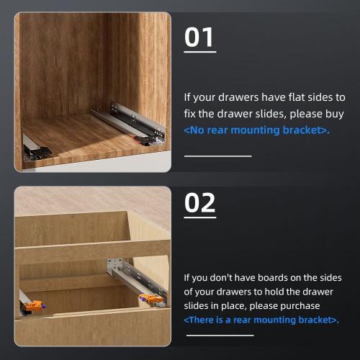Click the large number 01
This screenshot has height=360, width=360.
[200, 37]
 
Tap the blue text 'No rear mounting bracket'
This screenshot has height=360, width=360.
[256, 130]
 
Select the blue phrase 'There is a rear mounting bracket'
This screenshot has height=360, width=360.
[261, 320]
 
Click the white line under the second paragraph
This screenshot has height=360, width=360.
[220, 335]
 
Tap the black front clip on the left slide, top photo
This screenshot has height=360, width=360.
[36, 150]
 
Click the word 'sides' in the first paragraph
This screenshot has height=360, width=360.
[322, 96]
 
